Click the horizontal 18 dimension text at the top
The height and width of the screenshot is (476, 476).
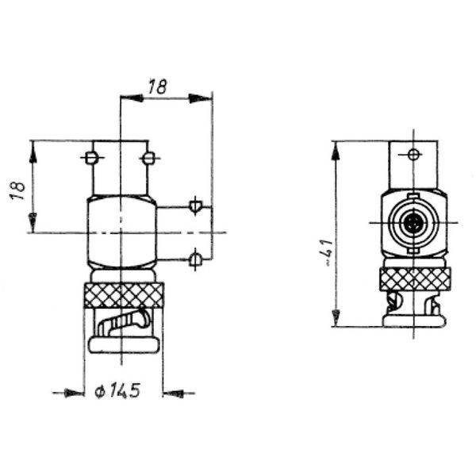click(x=158, y=87)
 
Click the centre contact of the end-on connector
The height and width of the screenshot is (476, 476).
click(x=413, y=224)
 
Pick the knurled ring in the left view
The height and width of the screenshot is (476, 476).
click(x=124, y=296)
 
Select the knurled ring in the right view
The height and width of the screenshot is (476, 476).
click(x=415, y=278)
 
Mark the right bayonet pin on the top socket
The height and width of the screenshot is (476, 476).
click(x=148, y=158)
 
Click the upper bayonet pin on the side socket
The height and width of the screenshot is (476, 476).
click(x=195, y=206)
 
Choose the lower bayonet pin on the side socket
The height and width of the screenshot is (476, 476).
click(x=195, y=257)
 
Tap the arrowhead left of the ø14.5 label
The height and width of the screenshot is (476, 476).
click(x=76, y=392)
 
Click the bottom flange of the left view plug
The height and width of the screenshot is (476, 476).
click(x=124, y=346)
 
